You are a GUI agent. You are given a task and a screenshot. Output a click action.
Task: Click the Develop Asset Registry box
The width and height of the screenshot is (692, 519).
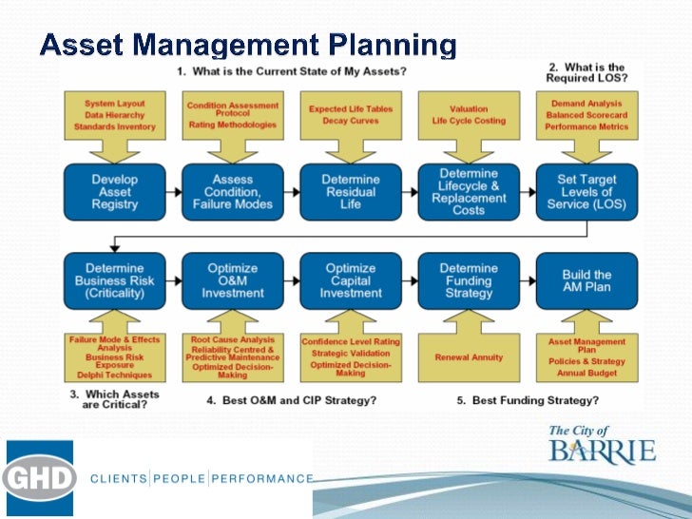(115, 192)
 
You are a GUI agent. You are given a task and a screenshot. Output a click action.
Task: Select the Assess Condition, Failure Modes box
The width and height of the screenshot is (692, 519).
(233, 192)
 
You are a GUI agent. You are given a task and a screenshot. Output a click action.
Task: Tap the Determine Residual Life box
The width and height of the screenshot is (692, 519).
(351, 192)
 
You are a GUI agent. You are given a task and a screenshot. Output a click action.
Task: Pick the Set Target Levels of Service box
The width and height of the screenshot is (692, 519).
(586, 192)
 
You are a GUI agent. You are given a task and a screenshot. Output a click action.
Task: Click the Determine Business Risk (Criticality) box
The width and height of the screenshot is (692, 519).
(115, 280)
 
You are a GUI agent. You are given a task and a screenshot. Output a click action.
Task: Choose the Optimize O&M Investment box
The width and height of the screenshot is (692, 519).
(233, 280)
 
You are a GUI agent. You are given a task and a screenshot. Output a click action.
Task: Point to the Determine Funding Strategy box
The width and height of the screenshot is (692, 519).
(469, 280)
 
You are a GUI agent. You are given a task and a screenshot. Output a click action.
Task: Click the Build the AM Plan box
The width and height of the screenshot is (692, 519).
(586, 280)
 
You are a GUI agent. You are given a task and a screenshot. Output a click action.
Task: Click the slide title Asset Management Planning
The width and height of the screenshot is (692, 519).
(248, 45)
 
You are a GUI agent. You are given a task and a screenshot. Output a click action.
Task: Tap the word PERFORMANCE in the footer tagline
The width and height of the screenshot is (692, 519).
(262, 478)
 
